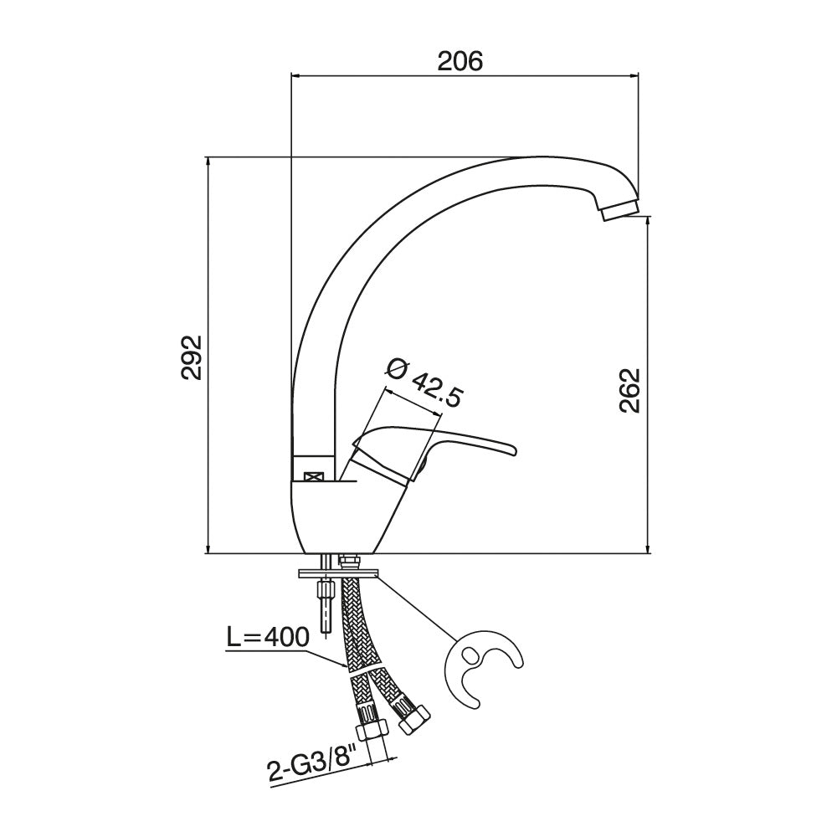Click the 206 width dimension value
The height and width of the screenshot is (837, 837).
click(460, 61)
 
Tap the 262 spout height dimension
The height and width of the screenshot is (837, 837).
click(630, 390)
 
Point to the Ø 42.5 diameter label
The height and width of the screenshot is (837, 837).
click(424, 384)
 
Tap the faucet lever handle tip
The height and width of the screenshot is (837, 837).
click(512, 449)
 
